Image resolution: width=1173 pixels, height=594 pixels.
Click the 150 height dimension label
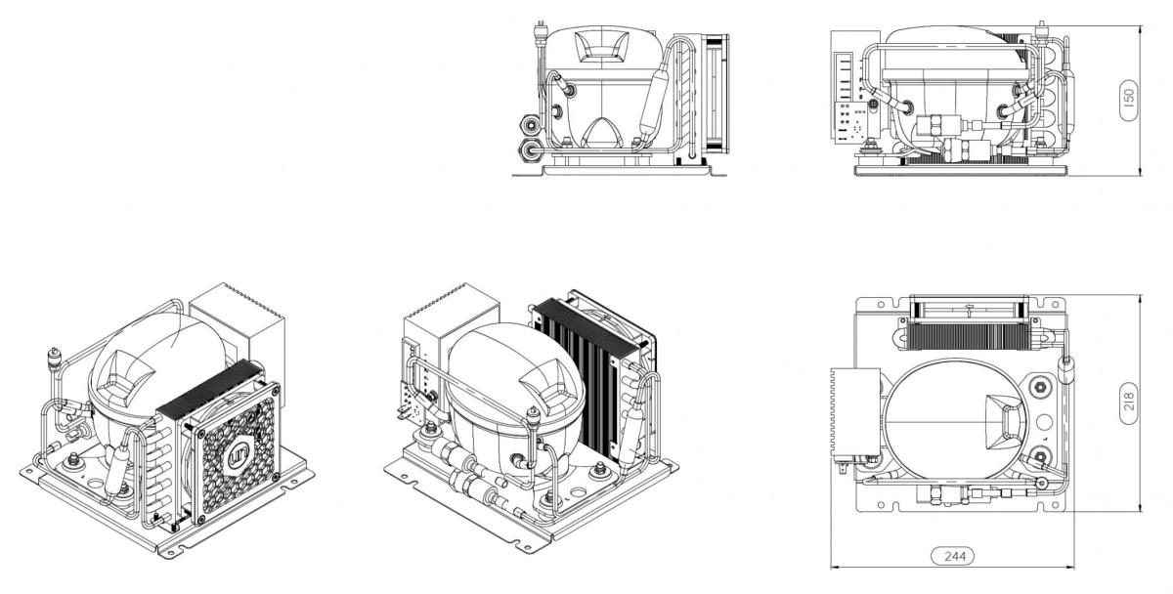pos(1130,101)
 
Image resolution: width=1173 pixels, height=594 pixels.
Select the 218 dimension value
pos(1130,402)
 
